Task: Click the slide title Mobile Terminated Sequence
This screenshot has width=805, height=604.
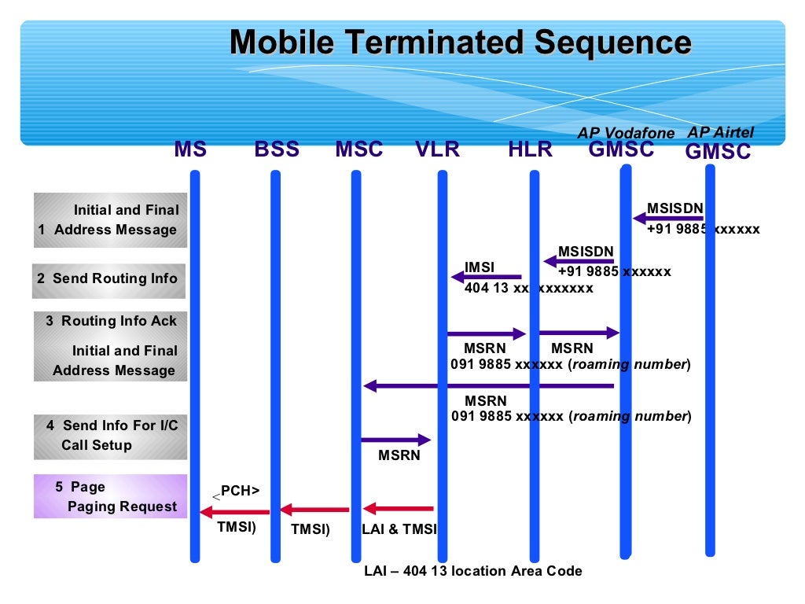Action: tap(461, 42)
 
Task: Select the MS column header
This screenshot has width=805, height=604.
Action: tap(190, 149)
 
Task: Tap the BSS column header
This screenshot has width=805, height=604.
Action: tap(277, 149)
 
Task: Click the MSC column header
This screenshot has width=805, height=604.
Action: tap(358, 149)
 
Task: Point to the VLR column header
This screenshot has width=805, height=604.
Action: tap(437, 149)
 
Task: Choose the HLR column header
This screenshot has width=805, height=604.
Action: tap(530, 149)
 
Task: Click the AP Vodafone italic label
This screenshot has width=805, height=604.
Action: tap(626, 133)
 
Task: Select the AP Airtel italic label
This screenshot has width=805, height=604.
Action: tap(720, 132)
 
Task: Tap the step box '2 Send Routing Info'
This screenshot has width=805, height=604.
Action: tap(108, 280)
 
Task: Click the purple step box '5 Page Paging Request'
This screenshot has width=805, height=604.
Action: tap(110, 496)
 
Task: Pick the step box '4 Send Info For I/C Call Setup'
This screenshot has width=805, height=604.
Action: tap(110, 436)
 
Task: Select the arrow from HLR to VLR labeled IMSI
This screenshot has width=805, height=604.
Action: tap(486, 277)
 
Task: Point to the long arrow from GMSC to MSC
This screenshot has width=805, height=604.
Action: tap(487, 386)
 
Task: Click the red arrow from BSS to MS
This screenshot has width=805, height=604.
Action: tap(234, 512)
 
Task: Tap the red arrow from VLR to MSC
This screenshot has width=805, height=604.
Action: tap(398, 509)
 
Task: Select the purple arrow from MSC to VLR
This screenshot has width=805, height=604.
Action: tap(396, 440)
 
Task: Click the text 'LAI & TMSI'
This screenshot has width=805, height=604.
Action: tap(399, 529)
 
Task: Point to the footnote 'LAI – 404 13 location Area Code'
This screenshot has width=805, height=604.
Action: tap(472, 571)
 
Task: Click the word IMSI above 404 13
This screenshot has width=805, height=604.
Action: tap(480, 267)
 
